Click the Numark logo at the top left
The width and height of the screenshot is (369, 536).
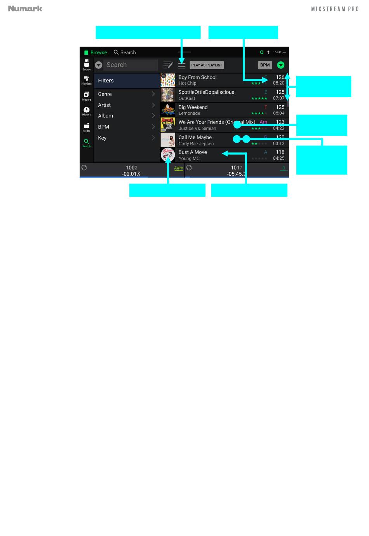click(x=25, y=9)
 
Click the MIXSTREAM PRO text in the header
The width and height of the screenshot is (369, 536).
click(x=335, y=9)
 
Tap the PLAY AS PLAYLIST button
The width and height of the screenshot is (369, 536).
click(x=207, y=65)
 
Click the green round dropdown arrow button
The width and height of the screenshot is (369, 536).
click(x=281, y=65)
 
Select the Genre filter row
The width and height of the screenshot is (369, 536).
click(x=127, y=94)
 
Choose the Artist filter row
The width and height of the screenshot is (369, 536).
click(x=127, y=105)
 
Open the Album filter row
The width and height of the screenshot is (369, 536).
click(x=127, y=116)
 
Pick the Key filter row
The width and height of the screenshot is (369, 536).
click(x=127, y=138)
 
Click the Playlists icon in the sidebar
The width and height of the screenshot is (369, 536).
click(x=86, y=79)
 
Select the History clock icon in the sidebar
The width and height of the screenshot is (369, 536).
click(x=86, y=110)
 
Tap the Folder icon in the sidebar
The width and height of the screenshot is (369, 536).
click(x=86, y=126)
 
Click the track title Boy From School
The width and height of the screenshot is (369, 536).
click(x=197, y=77)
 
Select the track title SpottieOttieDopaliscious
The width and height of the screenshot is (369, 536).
click(x=206, y=92)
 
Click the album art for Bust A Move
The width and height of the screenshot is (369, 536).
click(x=168, y=155)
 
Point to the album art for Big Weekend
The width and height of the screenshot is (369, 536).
click(x=168, y=110)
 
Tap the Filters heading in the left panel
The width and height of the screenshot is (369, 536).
click(x=106, y=81)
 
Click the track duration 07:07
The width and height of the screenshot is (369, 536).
click(x=278, y=98)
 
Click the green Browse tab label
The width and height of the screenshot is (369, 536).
click(x=99, y=52)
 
